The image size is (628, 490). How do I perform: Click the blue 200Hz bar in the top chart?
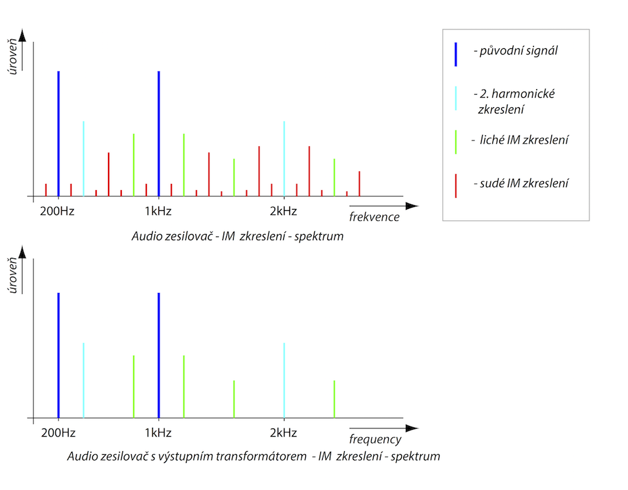pyautogui.click(x=58, y=134)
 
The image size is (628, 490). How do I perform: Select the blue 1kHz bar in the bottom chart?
pyautogui.click(x=159, y=355)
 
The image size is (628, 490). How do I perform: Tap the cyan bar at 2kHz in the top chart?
pyautogui.click(x=284, y=159)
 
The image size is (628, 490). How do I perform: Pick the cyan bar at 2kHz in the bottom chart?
pyautogui.click(x=284, y=380)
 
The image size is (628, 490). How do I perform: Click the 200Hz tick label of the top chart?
pyautogui.click(x=57, y=211)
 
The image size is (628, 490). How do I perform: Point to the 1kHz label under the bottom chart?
pyautogui.click(x=158, y=433)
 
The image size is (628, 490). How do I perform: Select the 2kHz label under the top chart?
pyautogui.click(x=283, y=211)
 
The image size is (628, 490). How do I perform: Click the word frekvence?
pyautogui.click(x=374, y=217)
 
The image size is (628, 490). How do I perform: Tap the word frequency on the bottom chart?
pyautogui.click(x=375, y=439)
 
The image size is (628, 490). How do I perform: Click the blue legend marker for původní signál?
pyautogui.click(x=456, y=55)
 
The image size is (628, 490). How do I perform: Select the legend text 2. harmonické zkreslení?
pyautogui.click(x=515, y=102)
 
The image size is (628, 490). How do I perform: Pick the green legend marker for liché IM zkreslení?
pyautogui.click(x=456, y=142)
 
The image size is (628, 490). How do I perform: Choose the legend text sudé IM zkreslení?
pyautogui.click(x=521, y=183)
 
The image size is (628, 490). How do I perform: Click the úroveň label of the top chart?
pyautogui.click(x=13, y=56)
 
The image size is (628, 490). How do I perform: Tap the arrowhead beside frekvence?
pyautogui.click(x=412, y=206)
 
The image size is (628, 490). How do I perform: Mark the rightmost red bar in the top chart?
pyautogui.click(x=359, y=184)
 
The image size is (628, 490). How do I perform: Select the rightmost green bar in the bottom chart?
pyautogui.click(x=334, y=399)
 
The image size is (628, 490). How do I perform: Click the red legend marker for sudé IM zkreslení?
pyautogui.click(x=456, y=186)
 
